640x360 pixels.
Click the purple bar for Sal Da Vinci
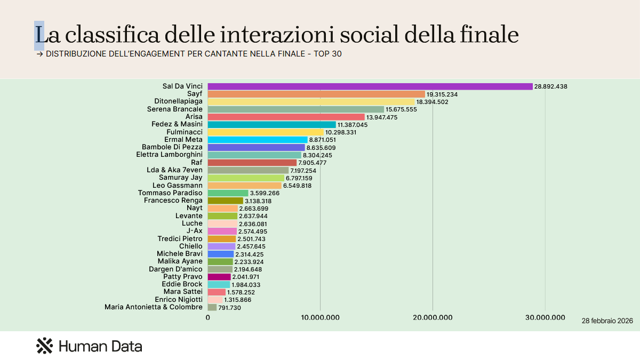[x=370, y=86]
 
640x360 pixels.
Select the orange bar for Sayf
[x=316, y=94]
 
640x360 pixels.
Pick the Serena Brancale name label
[x=175, y=109]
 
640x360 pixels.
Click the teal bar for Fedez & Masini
[x=271, y=124]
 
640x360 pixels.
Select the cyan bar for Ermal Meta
[x=258, y=140]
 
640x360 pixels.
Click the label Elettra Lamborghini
[x=170, y=155]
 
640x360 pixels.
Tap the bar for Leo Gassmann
[x=244, y=186]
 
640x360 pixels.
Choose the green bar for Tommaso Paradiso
[x=228, y=193]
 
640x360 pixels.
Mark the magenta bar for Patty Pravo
[x=219, y=277]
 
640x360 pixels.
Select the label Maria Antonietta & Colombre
[x=154, y=307]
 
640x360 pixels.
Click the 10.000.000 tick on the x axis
[x=320, y=318]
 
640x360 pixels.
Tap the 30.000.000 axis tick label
[x=545, y=318]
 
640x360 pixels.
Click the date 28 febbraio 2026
[x=607, y=321]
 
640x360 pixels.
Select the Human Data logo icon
[x=44, y=346]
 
